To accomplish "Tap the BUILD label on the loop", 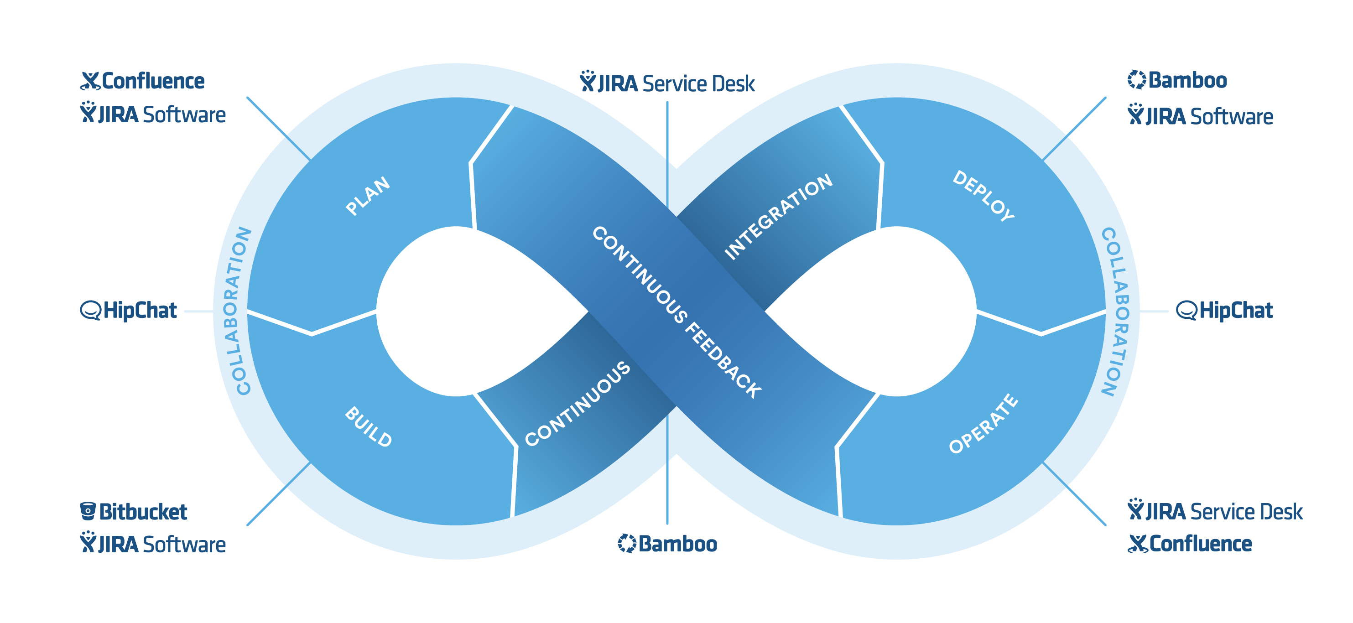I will tap(368, 426).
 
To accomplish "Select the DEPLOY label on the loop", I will tap(983, 195).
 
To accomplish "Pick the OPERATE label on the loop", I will tap(983, 423).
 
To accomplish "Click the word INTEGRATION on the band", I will tap(778, 217).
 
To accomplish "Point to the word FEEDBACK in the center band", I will tap(723, 360).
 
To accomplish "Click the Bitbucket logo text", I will tap(143, 512).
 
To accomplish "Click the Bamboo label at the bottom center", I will tap(677, 544).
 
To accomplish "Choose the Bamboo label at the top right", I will tap(1187, 80).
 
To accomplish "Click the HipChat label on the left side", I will tap(139, 311).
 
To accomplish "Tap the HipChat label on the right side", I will tap(1235, 311).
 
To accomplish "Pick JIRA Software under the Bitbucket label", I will tap(161, 545).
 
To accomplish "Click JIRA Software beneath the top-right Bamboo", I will tap(1208, 117).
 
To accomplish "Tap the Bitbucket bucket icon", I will tap(88, 511).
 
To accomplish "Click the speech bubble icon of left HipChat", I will tap(90, 311).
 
